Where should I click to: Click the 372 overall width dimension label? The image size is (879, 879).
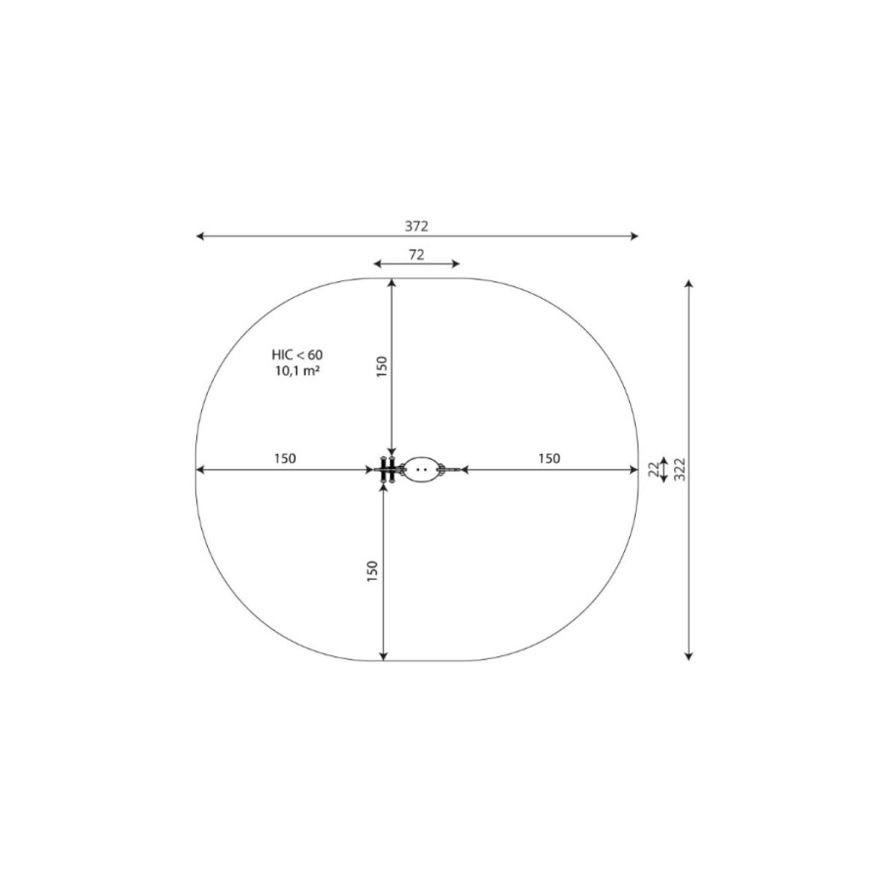[x=416, y=226]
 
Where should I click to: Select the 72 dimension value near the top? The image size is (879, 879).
[x=416, y=255]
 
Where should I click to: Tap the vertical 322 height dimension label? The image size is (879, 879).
[x=680, y=470]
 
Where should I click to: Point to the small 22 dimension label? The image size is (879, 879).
[x=653, y=470]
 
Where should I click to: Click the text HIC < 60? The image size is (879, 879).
[x=297, y=355]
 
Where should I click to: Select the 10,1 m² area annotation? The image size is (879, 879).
[x=297, y=370]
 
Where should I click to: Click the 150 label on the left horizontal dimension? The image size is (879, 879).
[x=285, y=459]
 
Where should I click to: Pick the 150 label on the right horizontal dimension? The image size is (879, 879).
[x=549, y=459]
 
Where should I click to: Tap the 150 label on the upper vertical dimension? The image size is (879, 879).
[x=382, y=366]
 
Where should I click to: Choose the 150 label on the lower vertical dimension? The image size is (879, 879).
[x=373, y=570]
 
